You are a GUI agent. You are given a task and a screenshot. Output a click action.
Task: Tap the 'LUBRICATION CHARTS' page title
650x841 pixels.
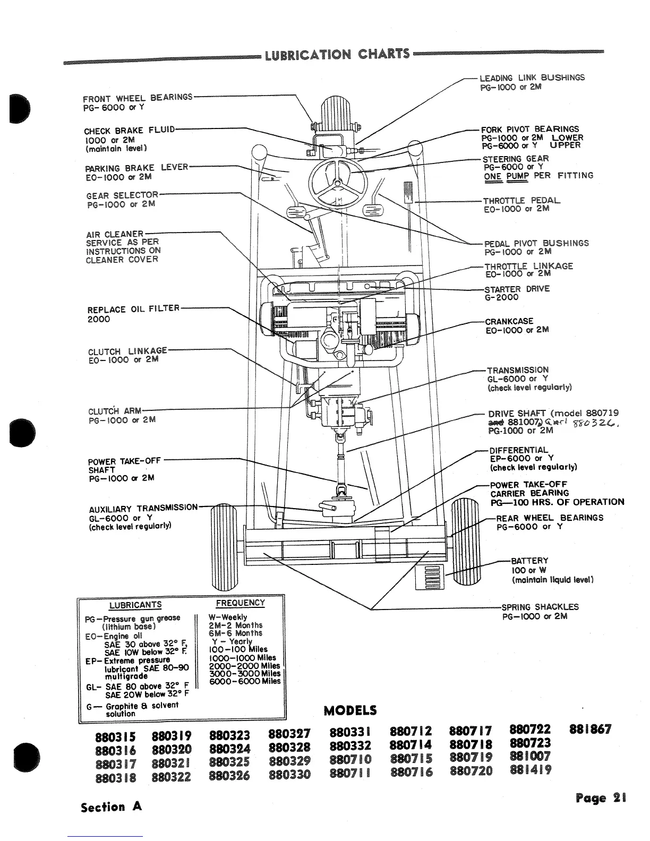click(337, 55)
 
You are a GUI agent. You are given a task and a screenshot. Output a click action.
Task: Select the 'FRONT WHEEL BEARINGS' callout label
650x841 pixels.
click(138, 98)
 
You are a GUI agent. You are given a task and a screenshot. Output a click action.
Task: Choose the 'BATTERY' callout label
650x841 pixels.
click(529, 561)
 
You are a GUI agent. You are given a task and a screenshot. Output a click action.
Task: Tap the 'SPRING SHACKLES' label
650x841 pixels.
click(540, 607)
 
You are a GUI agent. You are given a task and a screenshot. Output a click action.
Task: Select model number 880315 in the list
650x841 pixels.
click(115, 737)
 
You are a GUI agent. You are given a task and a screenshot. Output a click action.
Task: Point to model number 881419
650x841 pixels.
click(529, 770)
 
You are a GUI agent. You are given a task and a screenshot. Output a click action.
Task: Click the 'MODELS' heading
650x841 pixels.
click(350, 710)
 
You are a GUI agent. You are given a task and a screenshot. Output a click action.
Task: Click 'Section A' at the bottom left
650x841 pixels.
click(111, 807)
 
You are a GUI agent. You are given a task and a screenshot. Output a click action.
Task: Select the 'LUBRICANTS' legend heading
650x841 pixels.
click(135, 605)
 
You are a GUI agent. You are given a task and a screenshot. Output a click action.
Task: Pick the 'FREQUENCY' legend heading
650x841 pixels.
click(240, 603)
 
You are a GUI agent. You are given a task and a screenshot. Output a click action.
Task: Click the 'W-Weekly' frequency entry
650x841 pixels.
click(228, 617)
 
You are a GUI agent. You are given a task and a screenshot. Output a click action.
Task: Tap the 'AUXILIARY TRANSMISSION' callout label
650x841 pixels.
click(143, 508)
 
